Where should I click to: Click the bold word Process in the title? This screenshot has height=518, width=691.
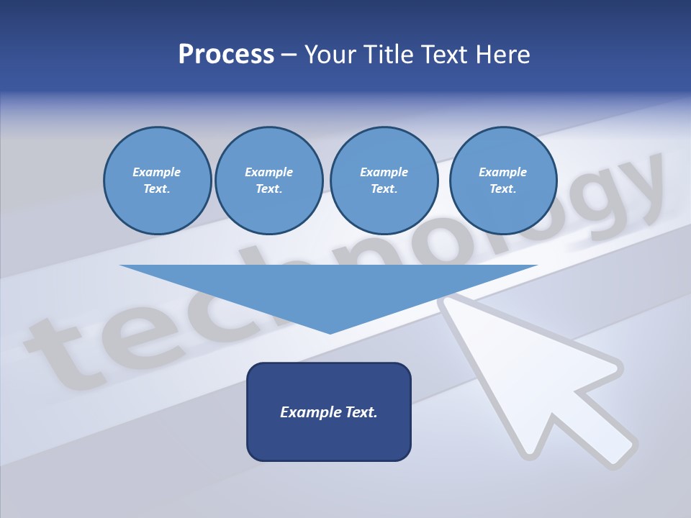pyautogui.click(x=226, y=55)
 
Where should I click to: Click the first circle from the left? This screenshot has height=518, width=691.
pyautogui.click(x=157, y=181)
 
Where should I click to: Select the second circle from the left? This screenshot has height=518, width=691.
pyautogui.click(x=269, y=181)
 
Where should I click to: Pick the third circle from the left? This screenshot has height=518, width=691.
pyautogui.click(x=384, y=181)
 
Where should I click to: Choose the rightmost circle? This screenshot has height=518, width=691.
pyautogui.click(x=503, y=181)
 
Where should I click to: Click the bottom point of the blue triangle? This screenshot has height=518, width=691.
pyautogui.click(x=330, y=332)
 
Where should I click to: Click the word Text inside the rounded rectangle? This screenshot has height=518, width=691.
pyautogui.click(x=361, y=412)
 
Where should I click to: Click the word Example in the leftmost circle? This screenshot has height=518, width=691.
pyautogui.click(x=157, y=172)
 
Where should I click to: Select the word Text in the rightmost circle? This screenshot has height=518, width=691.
pyautogui.click(x=503, y=188)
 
